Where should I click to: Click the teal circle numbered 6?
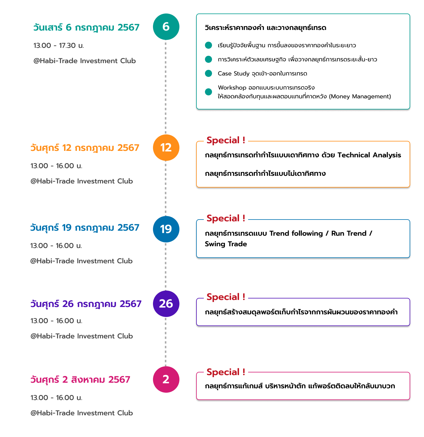[x=166, y=27]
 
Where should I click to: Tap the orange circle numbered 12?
[x=166, y=148]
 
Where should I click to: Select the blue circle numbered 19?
[x=166, y=229]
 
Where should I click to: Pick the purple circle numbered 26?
[x=166, y=303]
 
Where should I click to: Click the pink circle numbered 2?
[x=166, y=379]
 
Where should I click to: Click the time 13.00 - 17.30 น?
[x=59, y=45]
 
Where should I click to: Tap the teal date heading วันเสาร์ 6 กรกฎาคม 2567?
[x=86, y=28]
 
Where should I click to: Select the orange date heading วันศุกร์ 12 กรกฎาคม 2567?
[x=85, y=148]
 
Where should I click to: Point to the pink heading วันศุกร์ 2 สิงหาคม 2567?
[x=80, y=380]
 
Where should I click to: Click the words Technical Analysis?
[x=369, y=155]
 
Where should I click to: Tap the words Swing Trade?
[x=226, y=244]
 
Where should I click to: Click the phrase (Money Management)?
[x=360, y=96]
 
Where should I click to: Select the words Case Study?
[x=233, y=73]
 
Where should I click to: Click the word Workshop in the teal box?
[x=232, y=87]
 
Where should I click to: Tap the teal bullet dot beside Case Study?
[x=208, y=73]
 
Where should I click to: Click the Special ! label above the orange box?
[x=226, y=140]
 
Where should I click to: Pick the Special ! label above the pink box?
[x=226, y=372]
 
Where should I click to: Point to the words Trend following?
[x=296, y=234]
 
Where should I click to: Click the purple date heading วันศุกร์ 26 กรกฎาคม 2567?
[x=86, y=304]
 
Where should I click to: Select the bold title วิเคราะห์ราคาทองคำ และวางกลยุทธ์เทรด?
[x=265, y=28]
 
